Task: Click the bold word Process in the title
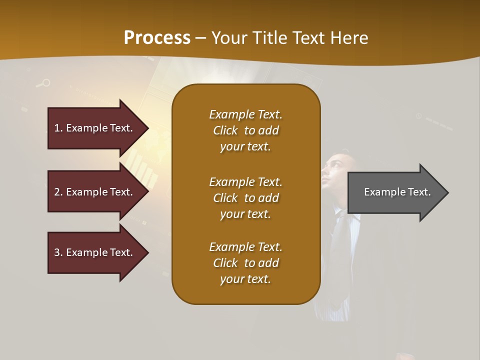pyautogui.click(x=157, y=38)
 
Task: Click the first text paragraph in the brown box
pyautogui.click(x=245, y=130)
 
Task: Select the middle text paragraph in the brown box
pyautogui.click(x=245, y=198)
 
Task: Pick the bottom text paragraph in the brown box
pyautogui.click(x=245, y=263)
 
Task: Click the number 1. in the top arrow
pyautogui.click(x=58, y=128)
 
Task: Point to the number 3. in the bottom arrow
pyautogui.click(x=58, y=252)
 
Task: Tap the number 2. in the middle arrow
pyautogui.click(x=58, y=192)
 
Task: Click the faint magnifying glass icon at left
pyautogui.click(x=44, y=83)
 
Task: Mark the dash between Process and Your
pyautogui.click(x=201, y=38)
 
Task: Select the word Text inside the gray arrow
pyautogui.click(x=419, y=192)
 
